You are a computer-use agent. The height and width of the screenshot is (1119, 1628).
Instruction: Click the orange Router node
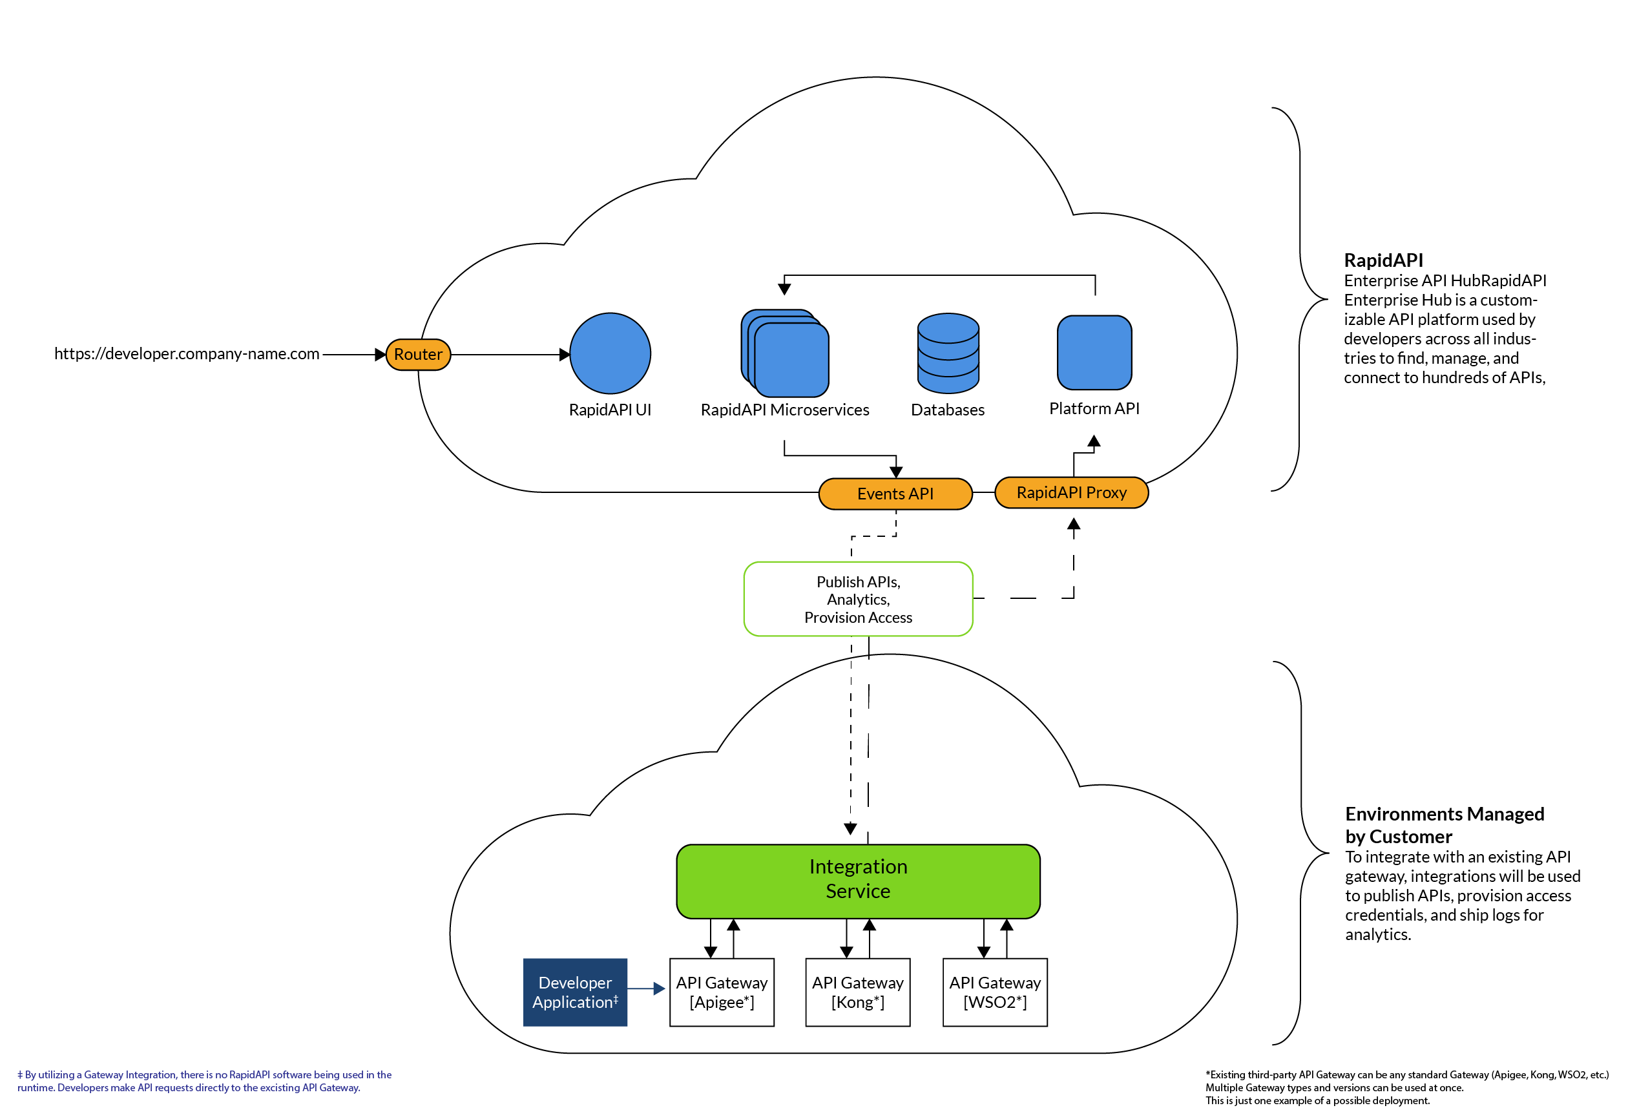tap(418, 355)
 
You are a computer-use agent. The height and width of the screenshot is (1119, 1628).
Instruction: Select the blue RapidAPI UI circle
tap(610, 353)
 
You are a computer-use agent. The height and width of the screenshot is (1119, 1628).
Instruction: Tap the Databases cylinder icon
tap(948, 353)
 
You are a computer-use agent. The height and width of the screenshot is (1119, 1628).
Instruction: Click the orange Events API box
tap(895, 494)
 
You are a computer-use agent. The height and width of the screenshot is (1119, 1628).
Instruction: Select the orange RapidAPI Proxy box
tap(1071, 493)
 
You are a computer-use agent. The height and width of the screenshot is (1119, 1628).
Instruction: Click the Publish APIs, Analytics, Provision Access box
tap(858, 600)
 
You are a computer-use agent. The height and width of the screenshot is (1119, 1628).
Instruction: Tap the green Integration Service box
tap(858, 881)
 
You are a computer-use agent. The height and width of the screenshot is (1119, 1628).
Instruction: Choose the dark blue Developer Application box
tap(575, 993)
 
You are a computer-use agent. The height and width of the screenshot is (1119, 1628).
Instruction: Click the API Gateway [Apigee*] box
tap(722, 993)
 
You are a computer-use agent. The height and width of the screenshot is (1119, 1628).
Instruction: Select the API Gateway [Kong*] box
tap(858, 993)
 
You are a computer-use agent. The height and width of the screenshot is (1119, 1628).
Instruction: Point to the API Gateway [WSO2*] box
tap(995, 993)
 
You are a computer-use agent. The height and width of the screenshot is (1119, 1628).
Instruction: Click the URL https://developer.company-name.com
tap(187, 354)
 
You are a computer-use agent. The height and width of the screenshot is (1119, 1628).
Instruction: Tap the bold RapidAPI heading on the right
tap(1383, 261)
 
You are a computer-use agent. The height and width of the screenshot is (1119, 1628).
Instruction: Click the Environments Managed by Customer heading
tap(1445, 825)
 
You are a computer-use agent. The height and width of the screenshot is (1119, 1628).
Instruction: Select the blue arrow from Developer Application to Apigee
tap(645, 988)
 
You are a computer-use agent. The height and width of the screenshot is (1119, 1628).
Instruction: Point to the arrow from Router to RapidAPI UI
tap(508, 355)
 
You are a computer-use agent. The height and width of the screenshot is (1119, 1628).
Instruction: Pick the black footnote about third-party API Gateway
tap(1406, 1087)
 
